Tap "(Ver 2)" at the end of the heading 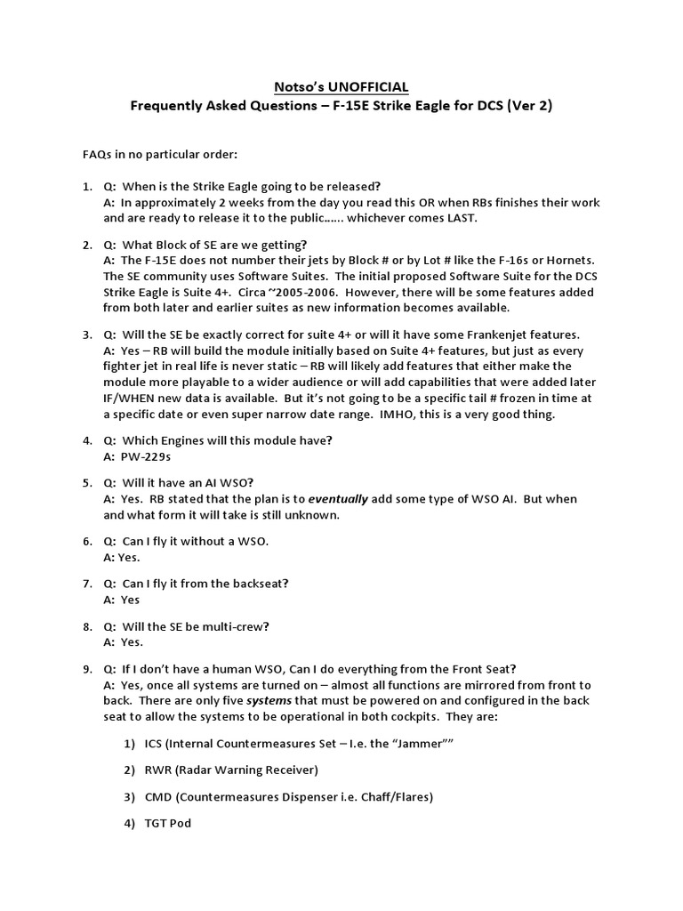528,106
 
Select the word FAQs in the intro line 100,156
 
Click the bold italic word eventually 339,499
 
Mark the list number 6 87,542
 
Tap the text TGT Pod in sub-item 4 168,823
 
